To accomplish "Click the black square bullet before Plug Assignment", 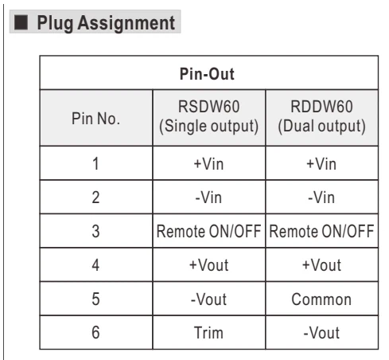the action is [21, 22].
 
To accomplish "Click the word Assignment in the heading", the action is [126, 23].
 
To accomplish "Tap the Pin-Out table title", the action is [207, 74].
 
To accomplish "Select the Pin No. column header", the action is [95, 119].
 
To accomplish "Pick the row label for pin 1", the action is [95, 163].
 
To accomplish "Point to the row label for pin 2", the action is [95, 198].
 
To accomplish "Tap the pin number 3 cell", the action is [95, 231].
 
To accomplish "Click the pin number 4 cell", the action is [95, 265].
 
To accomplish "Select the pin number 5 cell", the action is [95, 299].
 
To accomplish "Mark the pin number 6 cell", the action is [95, 332].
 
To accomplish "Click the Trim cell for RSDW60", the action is [208, 333].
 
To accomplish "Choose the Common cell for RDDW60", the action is [321, 299].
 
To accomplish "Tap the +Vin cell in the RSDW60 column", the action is [208, 163].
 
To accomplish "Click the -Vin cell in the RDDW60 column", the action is [321, 198].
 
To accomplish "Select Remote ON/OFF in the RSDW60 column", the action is [208, 231].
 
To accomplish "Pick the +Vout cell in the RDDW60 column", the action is [321, 265].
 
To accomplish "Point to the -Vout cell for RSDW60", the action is [208, 299].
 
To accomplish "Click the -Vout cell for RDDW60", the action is [321, 333].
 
